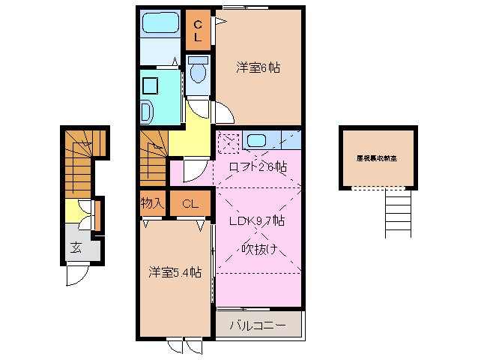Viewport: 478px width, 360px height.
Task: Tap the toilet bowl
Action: [x=199, y=71]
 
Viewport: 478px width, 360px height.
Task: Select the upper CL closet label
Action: [x=199, y=32]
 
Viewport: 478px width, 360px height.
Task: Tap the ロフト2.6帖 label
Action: [x=258, y=166]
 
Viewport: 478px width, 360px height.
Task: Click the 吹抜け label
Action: [x=258, y=249]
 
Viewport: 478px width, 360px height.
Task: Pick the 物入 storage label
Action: [x=152, y=202]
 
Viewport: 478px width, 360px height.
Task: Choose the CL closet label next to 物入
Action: [x=190, y=203]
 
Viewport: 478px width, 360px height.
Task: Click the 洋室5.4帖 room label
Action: [x=173, y=272]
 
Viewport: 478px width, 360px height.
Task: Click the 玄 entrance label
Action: [x=76, y=248]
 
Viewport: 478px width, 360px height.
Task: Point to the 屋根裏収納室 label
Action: [x=378, y=158]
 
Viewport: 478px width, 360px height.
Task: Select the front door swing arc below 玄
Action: [x=76, y=276]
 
